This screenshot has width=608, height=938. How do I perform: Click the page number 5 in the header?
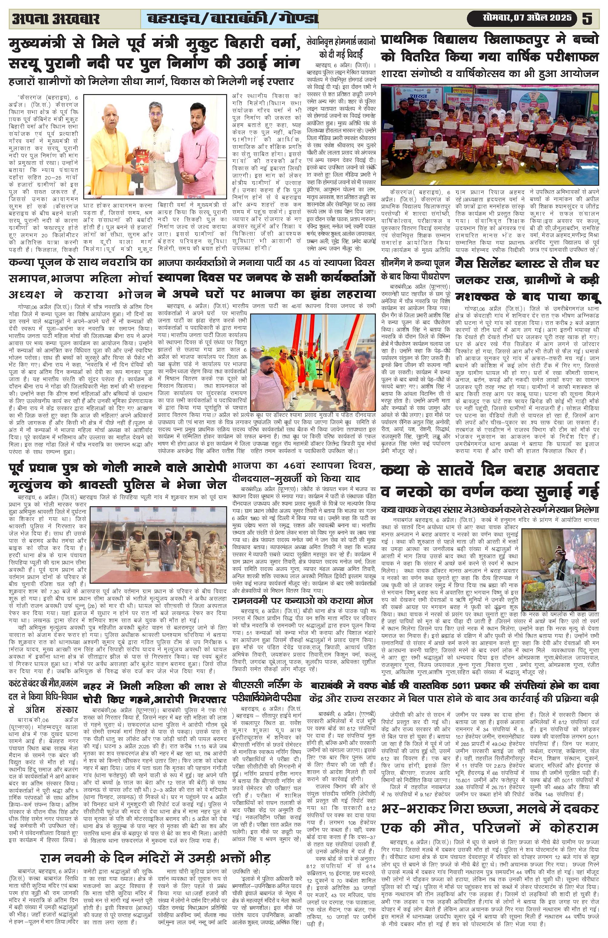coord(587,18)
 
